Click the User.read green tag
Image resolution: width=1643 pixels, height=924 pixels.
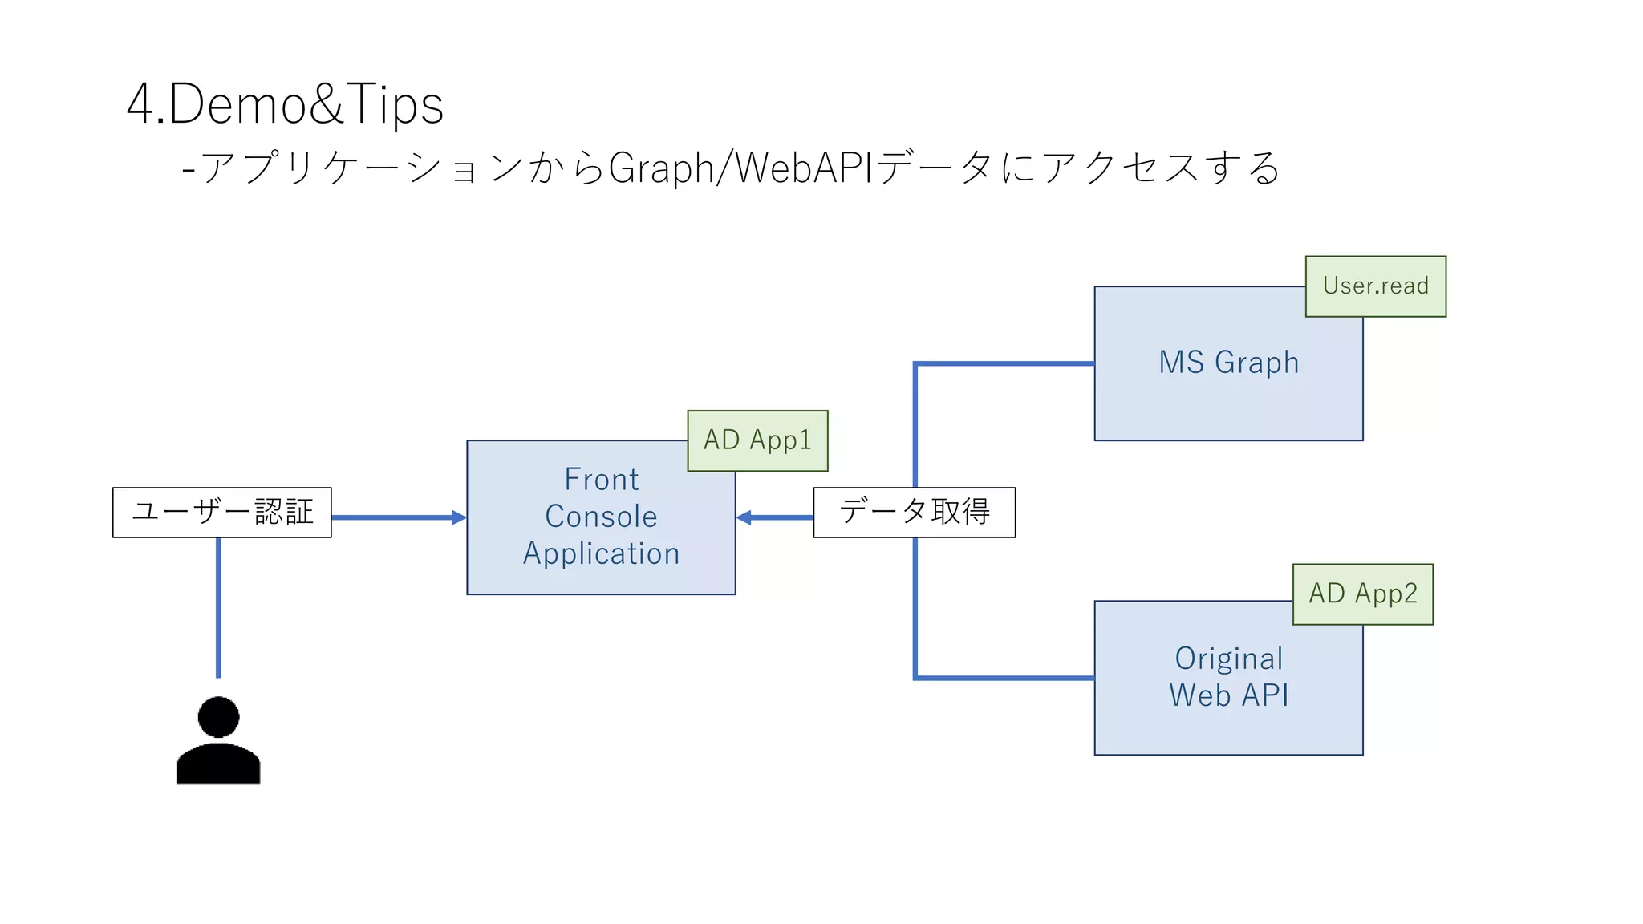tap(1375, 286)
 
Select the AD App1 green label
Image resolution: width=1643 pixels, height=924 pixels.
tap(757, 440)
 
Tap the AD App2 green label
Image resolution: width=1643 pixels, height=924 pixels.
tap(1362, 594)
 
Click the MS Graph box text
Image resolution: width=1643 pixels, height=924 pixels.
tap(1228, 363)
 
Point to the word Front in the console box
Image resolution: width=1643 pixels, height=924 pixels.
tap(601, 480)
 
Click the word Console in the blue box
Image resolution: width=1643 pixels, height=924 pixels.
tap(601, 517)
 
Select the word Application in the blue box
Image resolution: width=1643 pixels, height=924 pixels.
tap(601, 553)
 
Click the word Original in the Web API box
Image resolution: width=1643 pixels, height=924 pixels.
tap(1228, 659)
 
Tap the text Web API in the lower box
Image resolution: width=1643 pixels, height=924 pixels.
tap(1228, 695)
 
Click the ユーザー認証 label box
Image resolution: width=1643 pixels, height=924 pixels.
tap(222, 512)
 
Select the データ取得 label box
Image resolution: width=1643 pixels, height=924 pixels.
tap(914, 512)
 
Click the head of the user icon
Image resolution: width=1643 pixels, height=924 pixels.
tap(218, 716)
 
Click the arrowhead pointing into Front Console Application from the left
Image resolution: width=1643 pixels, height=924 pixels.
tap(459, 517)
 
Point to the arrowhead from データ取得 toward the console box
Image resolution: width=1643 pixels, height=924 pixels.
tap(744, 517)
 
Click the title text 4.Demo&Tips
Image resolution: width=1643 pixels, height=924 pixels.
tap(285, 104)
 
